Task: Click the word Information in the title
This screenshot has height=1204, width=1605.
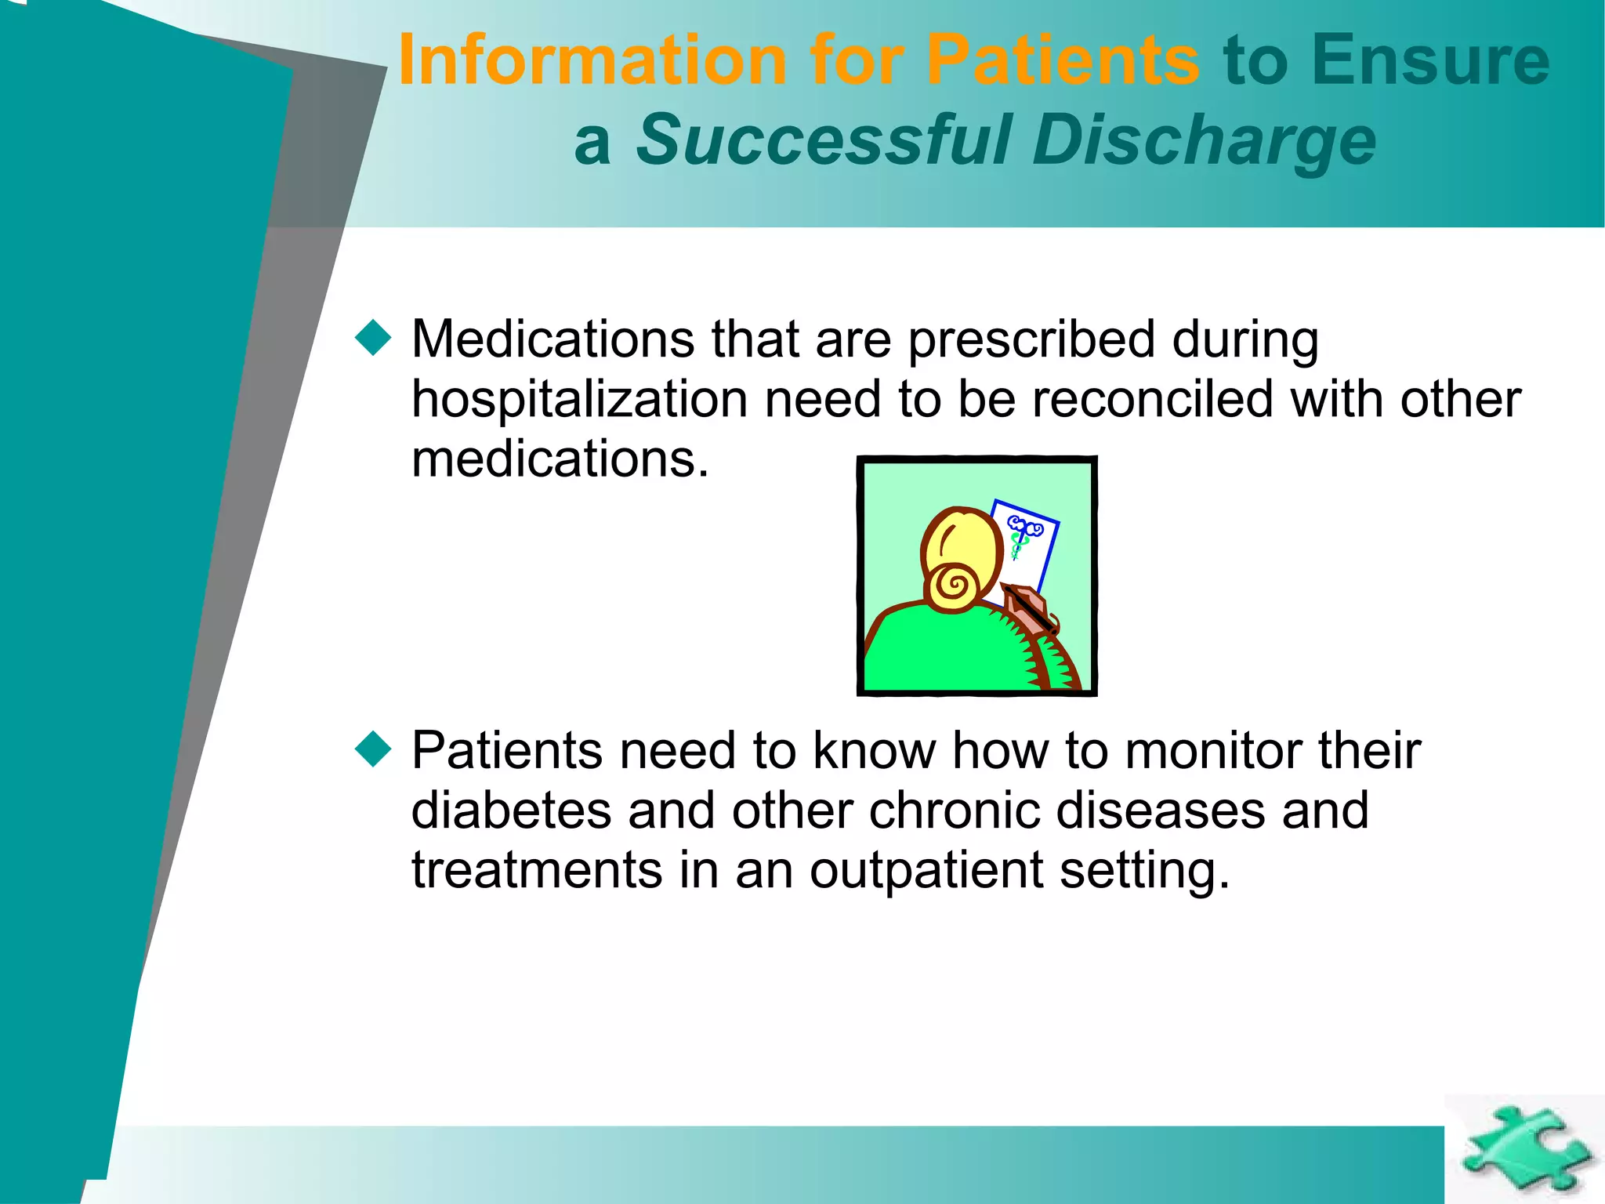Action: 592,60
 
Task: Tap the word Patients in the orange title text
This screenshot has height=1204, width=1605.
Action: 1062,60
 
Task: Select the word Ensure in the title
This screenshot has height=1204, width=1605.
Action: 1430,60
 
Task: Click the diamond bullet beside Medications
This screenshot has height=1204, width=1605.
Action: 373,339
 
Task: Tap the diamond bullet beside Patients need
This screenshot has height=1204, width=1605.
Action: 373,749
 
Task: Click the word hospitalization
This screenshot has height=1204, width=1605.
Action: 580,400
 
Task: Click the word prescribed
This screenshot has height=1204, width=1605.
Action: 1031,340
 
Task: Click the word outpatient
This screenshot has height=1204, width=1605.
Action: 926,870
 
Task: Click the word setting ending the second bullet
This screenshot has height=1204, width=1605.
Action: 1144,870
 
